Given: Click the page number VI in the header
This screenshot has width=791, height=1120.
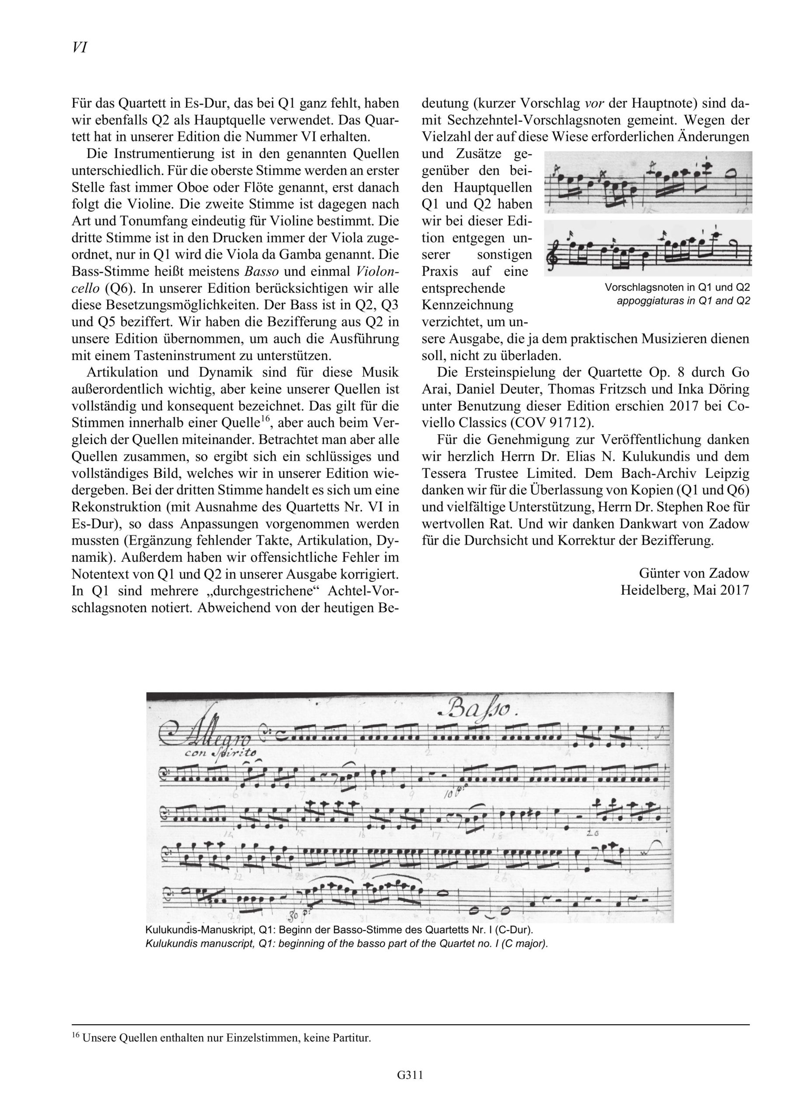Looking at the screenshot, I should pyautogui.click(x=80, y=47).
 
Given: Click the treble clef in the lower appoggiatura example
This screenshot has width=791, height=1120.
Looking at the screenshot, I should pyautogui.click(x=553, y=253).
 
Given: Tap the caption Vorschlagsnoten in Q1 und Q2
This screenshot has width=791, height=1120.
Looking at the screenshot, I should pyautogui.click(x=677, y=287).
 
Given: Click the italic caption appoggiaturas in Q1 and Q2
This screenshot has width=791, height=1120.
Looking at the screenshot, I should pyautogui.click(x=683, y=301).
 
